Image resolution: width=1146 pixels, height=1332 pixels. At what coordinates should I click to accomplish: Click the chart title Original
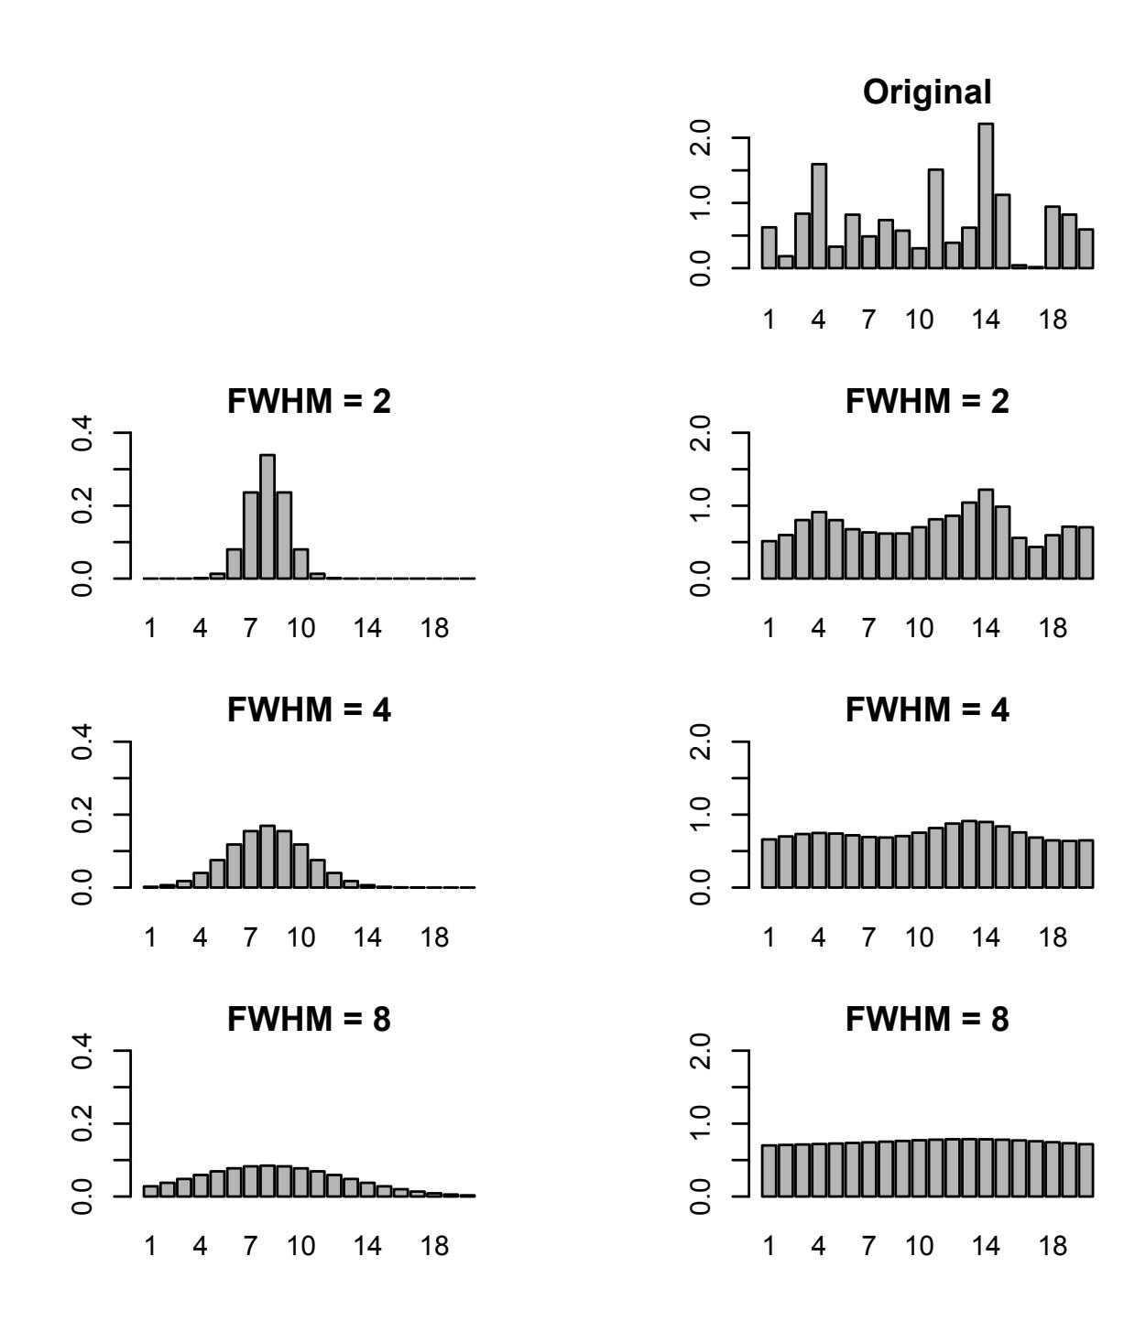927,92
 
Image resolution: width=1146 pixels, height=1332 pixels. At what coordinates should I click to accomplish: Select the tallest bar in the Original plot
986,196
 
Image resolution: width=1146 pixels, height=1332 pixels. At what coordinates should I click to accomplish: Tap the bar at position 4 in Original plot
819,216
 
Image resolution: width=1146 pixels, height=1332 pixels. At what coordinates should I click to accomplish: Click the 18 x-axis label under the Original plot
1053,322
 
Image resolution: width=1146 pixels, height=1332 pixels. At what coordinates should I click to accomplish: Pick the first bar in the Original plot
769,247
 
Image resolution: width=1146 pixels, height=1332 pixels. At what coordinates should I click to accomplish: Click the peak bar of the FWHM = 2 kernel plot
267,516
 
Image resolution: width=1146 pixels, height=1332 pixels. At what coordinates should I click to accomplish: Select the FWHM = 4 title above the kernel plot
309,710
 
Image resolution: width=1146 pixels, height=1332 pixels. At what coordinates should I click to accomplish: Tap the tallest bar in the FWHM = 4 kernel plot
267,856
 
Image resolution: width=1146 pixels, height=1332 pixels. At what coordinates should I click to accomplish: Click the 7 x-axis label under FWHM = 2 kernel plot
250,631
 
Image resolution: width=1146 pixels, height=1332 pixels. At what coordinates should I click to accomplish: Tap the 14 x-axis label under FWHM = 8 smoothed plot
986,1248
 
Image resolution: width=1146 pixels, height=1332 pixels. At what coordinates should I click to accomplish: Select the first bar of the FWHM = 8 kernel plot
150,1191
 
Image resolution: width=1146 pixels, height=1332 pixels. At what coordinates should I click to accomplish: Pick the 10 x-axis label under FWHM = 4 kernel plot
300,939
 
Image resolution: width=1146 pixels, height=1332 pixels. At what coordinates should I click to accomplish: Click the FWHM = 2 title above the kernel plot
309,402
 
